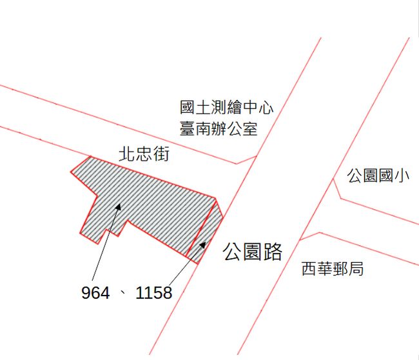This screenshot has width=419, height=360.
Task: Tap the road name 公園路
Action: (253, 252)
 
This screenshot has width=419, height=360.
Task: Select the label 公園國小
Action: (378, 175)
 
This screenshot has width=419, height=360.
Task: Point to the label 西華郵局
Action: (333, 268)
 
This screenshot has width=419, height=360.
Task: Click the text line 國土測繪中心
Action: (226, 107)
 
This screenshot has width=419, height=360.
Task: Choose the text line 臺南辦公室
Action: (219, 129)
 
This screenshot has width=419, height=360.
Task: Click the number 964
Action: (95, 294)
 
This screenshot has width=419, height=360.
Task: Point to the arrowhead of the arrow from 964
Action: (120, 206)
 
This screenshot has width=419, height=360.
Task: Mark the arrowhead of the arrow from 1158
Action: (205, 244)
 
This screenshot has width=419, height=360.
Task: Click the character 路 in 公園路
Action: (273, 252)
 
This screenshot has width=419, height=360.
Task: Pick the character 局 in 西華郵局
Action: (356, 268)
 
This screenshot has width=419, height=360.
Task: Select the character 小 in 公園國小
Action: (402, 175)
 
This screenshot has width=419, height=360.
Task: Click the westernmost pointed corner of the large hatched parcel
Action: (72, 172)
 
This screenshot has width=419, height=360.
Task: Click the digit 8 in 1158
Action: (167, 294)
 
